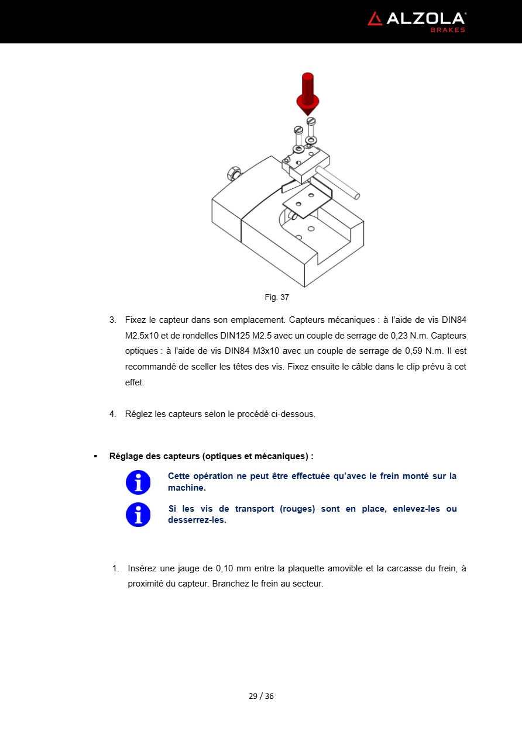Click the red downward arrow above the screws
pyautogui.click(x=307, y=94)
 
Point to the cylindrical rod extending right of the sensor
pyautogui.click(x=338, y=181)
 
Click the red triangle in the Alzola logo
pyautogui.click(x=375, y=19)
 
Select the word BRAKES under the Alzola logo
pyautogui.click(x=448, y=30)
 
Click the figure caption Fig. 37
pyautogui.click(x=277, y=297)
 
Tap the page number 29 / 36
pyautogui.click(x=261, y=696)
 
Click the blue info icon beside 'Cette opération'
pyautogui.click(x=138, y=482)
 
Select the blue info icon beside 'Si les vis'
pyautogui.click(x=138, y=515)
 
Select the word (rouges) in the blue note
pyautogui.click(x=297, y=509)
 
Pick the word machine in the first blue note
pyautogui.click(x=186, y=488)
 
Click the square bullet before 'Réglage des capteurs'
pyautogui.click(x=95, y=456)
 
